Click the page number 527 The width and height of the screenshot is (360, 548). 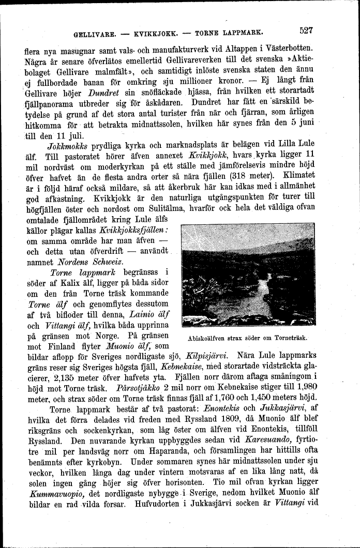306,30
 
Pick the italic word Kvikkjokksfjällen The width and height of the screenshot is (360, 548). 134,230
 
